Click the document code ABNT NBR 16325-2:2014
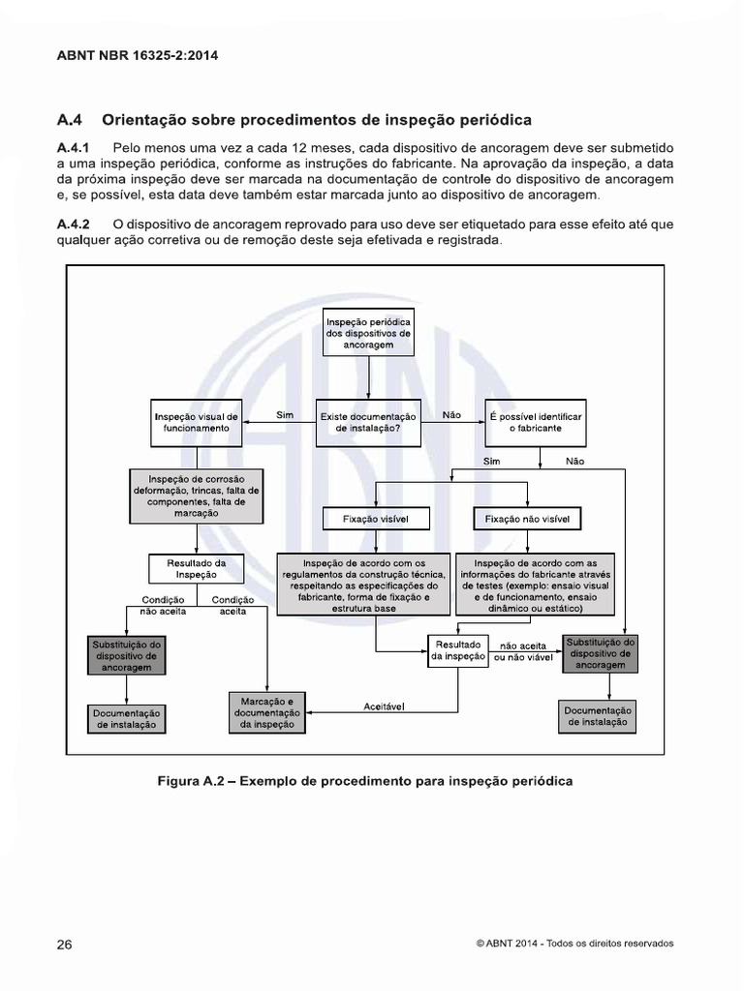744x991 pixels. pos(138,55)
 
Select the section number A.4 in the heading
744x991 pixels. pos(72,120)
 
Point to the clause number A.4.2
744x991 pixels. pos(74,225)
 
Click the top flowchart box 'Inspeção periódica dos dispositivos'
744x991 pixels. pos(368,332)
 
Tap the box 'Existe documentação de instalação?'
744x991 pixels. pos(368,422)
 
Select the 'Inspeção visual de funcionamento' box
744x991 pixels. pos(196,422)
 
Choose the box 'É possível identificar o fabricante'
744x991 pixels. pos(535,422)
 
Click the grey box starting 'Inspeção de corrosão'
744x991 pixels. pos(196,495)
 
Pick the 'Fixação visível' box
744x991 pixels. pos(376,520)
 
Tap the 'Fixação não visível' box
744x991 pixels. pos(527,520)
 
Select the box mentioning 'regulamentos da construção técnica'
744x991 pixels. pos(364,585)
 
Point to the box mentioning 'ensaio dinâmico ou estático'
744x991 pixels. pos(536,585)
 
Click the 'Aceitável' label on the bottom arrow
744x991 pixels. pos(384,706)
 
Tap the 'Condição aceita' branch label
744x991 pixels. pos(233,606)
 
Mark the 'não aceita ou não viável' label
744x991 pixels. pos(523,650)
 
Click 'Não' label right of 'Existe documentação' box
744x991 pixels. pos(451,414)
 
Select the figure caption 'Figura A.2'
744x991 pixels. pos(364,781)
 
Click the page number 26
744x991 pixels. pos(65,945)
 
